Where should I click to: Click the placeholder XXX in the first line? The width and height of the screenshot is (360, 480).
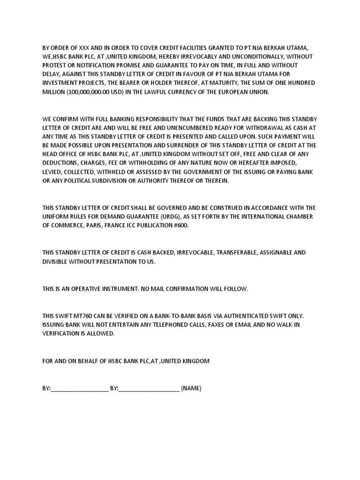click(x=83, y=48)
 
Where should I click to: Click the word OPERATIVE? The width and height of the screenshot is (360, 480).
click(x=90, y=289)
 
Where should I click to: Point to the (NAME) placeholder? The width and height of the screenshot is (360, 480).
click(x=191, y=389)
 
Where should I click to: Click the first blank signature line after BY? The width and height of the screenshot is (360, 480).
click(x=79, y=389)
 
